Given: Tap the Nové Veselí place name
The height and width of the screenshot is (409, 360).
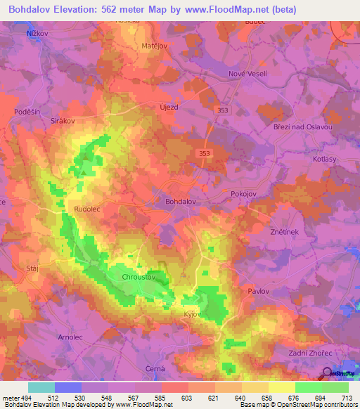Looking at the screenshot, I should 245,74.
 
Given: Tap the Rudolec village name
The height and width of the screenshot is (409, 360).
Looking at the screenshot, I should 88,209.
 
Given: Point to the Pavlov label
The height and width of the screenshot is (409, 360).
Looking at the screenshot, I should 259,290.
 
